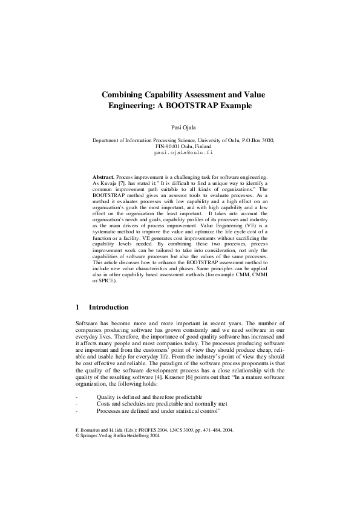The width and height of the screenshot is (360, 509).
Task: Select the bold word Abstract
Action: click(103, 175)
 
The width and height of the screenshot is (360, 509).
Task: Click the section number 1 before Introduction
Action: click(77, 307)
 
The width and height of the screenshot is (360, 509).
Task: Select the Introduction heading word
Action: click(109, 307)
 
